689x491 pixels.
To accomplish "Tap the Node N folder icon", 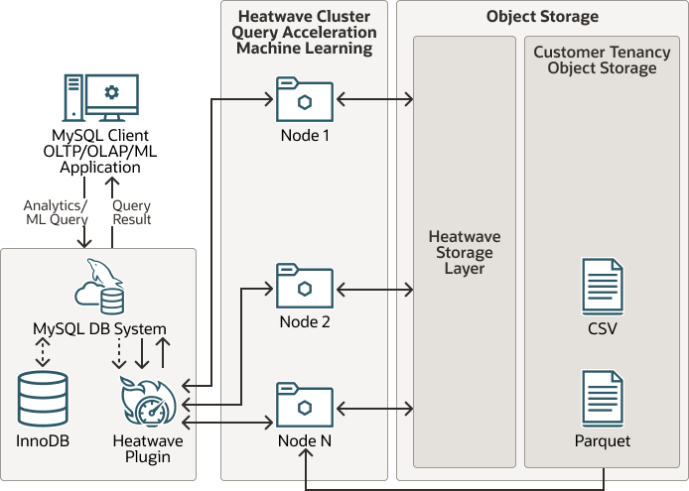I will click(305, 404).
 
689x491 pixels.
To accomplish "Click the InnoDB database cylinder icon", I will click(44, 399).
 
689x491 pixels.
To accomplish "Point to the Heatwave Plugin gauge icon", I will click(149, 405).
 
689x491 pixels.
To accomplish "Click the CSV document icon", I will click(603, 287).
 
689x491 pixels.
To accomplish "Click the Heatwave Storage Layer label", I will click(465, 253).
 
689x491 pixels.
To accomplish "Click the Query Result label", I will click(131, 212).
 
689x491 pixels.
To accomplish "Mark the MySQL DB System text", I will click(99, 329).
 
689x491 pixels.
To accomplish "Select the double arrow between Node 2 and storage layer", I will click(375, 290).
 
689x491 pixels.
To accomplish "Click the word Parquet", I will click(603, 441).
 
